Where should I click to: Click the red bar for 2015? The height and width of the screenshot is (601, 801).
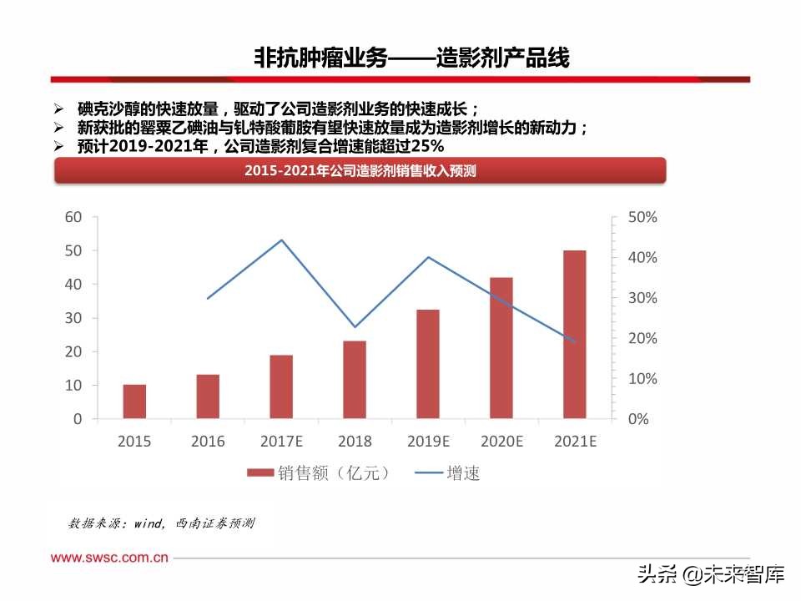(x=134, y=402)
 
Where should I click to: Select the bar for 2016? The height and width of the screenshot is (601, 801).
(x=208, y=396)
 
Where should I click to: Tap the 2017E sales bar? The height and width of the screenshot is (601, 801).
(x=281, y=386)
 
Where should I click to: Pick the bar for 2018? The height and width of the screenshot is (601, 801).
(x=355, y=380)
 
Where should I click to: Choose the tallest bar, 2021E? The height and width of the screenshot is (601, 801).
(x=574, y=334)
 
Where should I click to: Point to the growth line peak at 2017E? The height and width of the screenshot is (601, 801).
(x=281, y=240)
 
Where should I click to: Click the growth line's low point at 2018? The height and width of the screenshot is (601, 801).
(x=355, y=327)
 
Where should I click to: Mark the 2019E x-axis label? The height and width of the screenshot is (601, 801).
(x=428, y=442)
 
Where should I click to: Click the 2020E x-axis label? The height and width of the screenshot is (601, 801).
(x=501, y=442)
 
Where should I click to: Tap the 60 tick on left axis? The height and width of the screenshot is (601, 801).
(x=73, y=217)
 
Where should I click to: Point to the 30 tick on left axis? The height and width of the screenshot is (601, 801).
(x=73, y=318)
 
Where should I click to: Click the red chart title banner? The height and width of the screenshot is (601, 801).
(x=360, y=171)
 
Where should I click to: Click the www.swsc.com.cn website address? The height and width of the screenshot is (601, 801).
(x=110, y=557)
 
